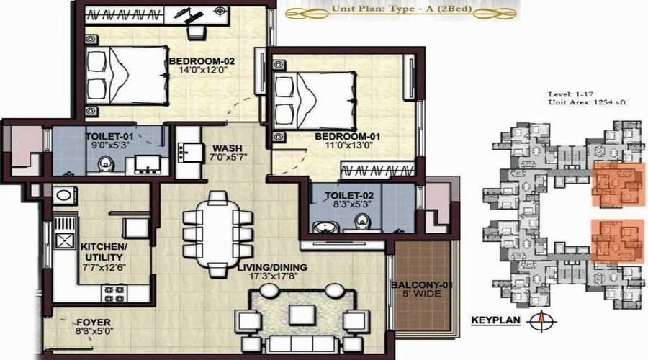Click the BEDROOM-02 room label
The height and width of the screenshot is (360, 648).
(x=202, y=62)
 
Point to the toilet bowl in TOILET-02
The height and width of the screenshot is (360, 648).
(x=363, y=222)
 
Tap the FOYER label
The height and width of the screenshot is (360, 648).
(x=94, y=323)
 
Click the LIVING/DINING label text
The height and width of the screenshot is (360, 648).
(x=272, y=267)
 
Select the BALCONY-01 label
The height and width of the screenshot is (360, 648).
(x=422, y=285)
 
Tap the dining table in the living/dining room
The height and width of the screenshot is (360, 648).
(x=217, y=234)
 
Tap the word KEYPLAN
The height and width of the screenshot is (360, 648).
(x=495, y=320)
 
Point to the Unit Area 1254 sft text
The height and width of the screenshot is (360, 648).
(x=588, y=102)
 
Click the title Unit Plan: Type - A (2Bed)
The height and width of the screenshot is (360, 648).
(x=402, y=8)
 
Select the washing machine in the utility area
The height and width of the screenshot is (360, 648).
(x=64, y=195)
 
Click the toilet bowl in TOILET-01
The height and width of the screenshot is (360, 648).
(x=105, y=163)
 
